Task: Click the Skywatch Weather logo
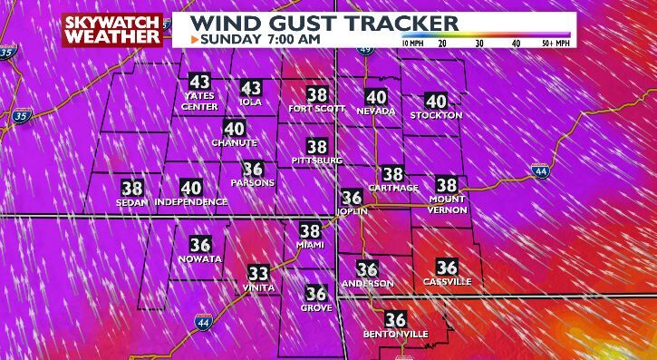[114, 30]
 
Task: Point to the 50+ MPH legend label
[555, 43]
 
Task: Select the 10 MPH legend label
[412, 43]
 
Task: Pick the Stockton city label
[436, 116]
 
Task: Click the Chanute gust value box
[234, 129]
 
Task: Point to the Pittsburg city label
[317, 161]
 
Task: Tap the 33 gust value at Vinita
[258, 273]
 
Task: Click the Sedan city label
[132, 202]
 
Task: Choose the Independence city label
[190, 202]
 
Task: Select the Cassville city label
[447, 282]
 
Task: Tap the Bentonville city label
[396, 334]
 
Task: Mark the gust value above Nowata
[200, 245]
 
